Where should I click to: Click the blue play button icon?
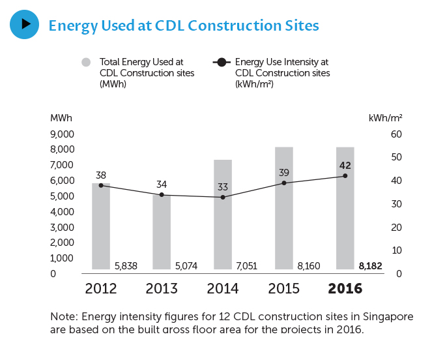point(25,24)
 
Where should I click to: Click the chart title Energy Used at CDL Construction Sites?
point(184,26)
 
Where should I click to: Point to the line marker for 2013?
point(162,194)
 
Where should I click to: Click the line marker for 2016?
point(345,175)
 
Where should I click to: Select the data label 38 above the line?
point(101,175)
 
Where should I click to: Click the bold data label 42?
point(345,165)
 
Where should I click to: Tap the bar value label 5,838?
point(125,266)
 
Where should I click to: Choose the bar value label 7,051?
point(248,266)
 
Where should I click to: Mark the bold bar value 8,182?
point(370,266)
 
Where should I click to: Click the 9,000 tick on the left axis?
point(63,134)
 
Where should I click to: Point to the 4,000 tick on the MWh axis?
point(63,212)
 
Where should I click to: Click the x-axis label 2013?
point(162,288)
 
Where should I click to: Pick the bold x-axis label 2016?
point(345,288)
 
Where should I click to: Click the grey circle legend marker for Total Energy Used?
point(85,62)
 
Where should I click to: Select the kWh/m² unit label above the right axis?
point(385,118)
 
